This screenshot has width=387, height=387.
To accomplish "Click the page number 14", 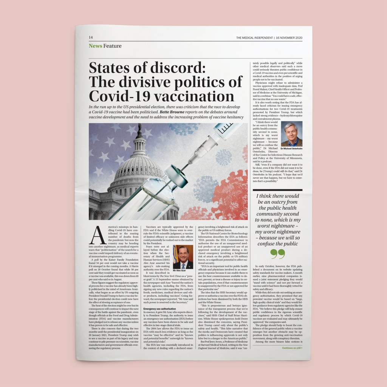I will click(91, 37).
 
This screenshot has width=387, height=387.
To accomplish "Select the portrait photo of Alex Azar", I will click(183, 257).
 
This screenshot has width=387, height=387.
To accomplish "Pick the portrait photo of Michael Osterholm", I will click(291, 134).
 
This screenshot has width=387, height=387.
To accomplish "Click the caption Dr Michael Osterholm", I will click(291, 149).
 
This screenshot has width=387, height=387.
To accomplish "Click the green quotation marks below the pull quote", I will click(278, 254).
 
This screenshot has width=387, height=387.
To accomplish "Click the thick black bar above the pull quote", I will click(277, 190).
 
